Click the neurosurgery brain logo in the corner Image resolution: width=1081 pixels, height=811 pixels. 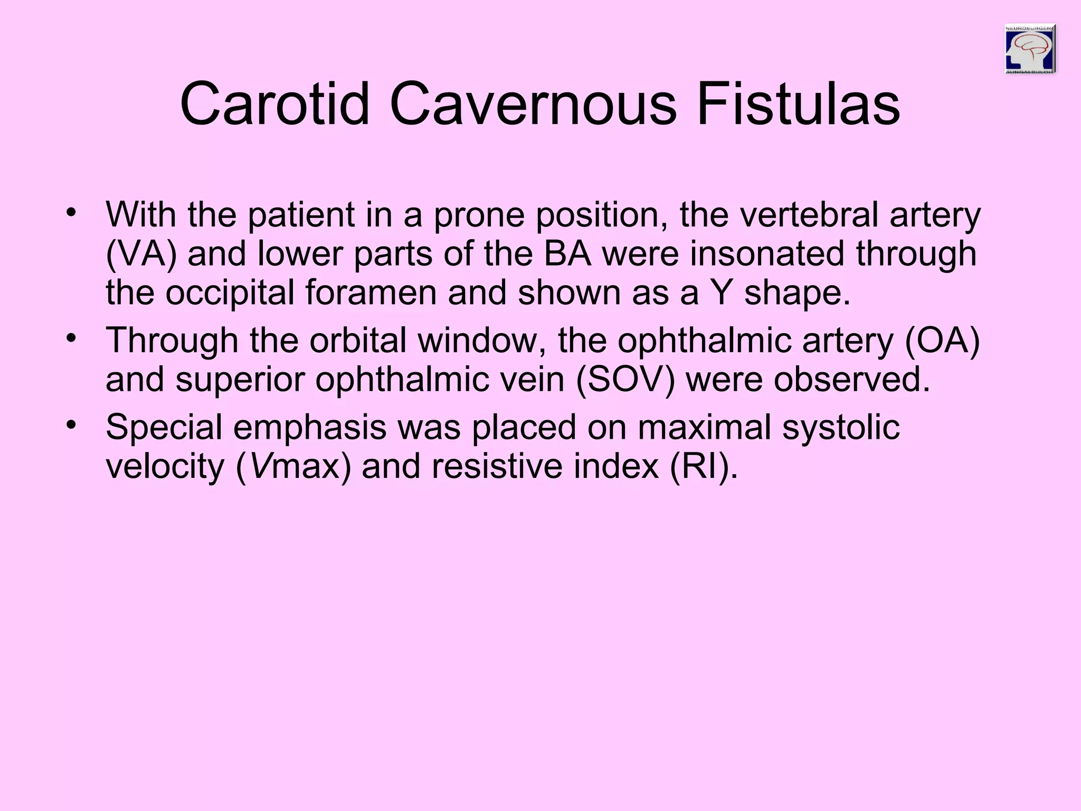coord(1029,49)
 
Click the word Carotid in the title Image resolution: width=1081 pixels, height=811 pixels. coord(274,104)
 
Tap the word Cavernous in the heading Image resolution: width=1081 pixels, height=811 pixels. coord(533,104)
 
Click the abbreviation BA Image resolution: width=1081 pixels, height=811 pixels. coord(567,254)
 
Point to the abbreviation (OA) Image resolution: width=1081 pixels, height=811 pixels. coord(942,341)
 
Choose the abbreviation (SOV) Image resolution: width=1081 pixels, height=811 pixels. coord(625,380)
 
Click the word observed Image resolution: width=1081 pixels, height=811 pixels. coord(851,380)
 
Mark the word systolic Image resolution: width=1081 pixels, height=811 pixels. coord(840,427)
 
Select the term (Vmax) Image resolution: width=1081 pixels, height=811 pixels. coord(293,467)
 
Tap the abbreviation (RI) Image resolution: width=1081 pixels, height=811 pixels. coord(704,467)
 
